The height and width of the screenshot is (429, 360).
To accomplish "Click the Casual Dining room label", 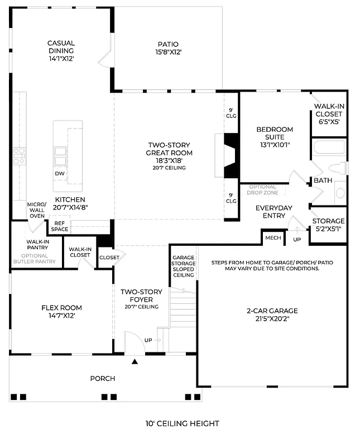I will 61,50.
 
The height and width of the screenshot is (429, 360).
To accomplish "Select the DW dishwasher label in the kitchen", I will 60,174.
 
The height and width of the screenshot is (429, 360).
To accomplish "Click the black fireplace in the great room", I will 231,155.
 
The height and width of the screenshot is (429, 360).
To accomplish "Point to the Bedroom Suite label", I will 274,137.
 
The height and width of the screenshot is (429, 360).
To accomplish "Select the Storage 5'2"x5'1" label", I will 328,225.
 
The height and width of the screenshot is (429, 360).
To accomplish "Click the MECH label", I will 273,237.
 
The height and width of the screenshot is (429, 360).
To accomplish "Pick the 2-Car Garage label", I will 272,314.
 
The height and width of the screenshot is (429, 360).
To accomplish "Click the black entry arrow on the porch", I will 135,362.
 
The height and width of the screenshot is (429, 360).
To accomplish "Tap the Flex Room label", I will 61,311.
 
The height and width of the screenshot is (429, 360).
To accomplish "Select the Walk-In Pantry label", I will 36,246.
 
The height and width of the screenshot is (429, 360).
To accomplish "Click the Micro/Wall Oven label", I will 36,210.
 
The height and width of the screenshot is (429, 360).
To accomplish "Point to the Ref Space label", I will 60,226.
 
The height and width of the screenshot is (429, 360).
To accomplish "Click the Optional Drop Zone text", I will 262,190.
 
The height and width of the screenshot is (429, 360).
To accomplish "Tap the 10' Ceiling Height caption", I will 179,423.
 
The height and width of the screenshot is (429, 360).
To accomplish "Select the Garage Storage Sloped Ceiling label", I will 183,266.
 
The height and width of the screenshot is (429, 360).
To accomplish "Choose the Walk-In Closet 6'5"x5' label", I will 328,113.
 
